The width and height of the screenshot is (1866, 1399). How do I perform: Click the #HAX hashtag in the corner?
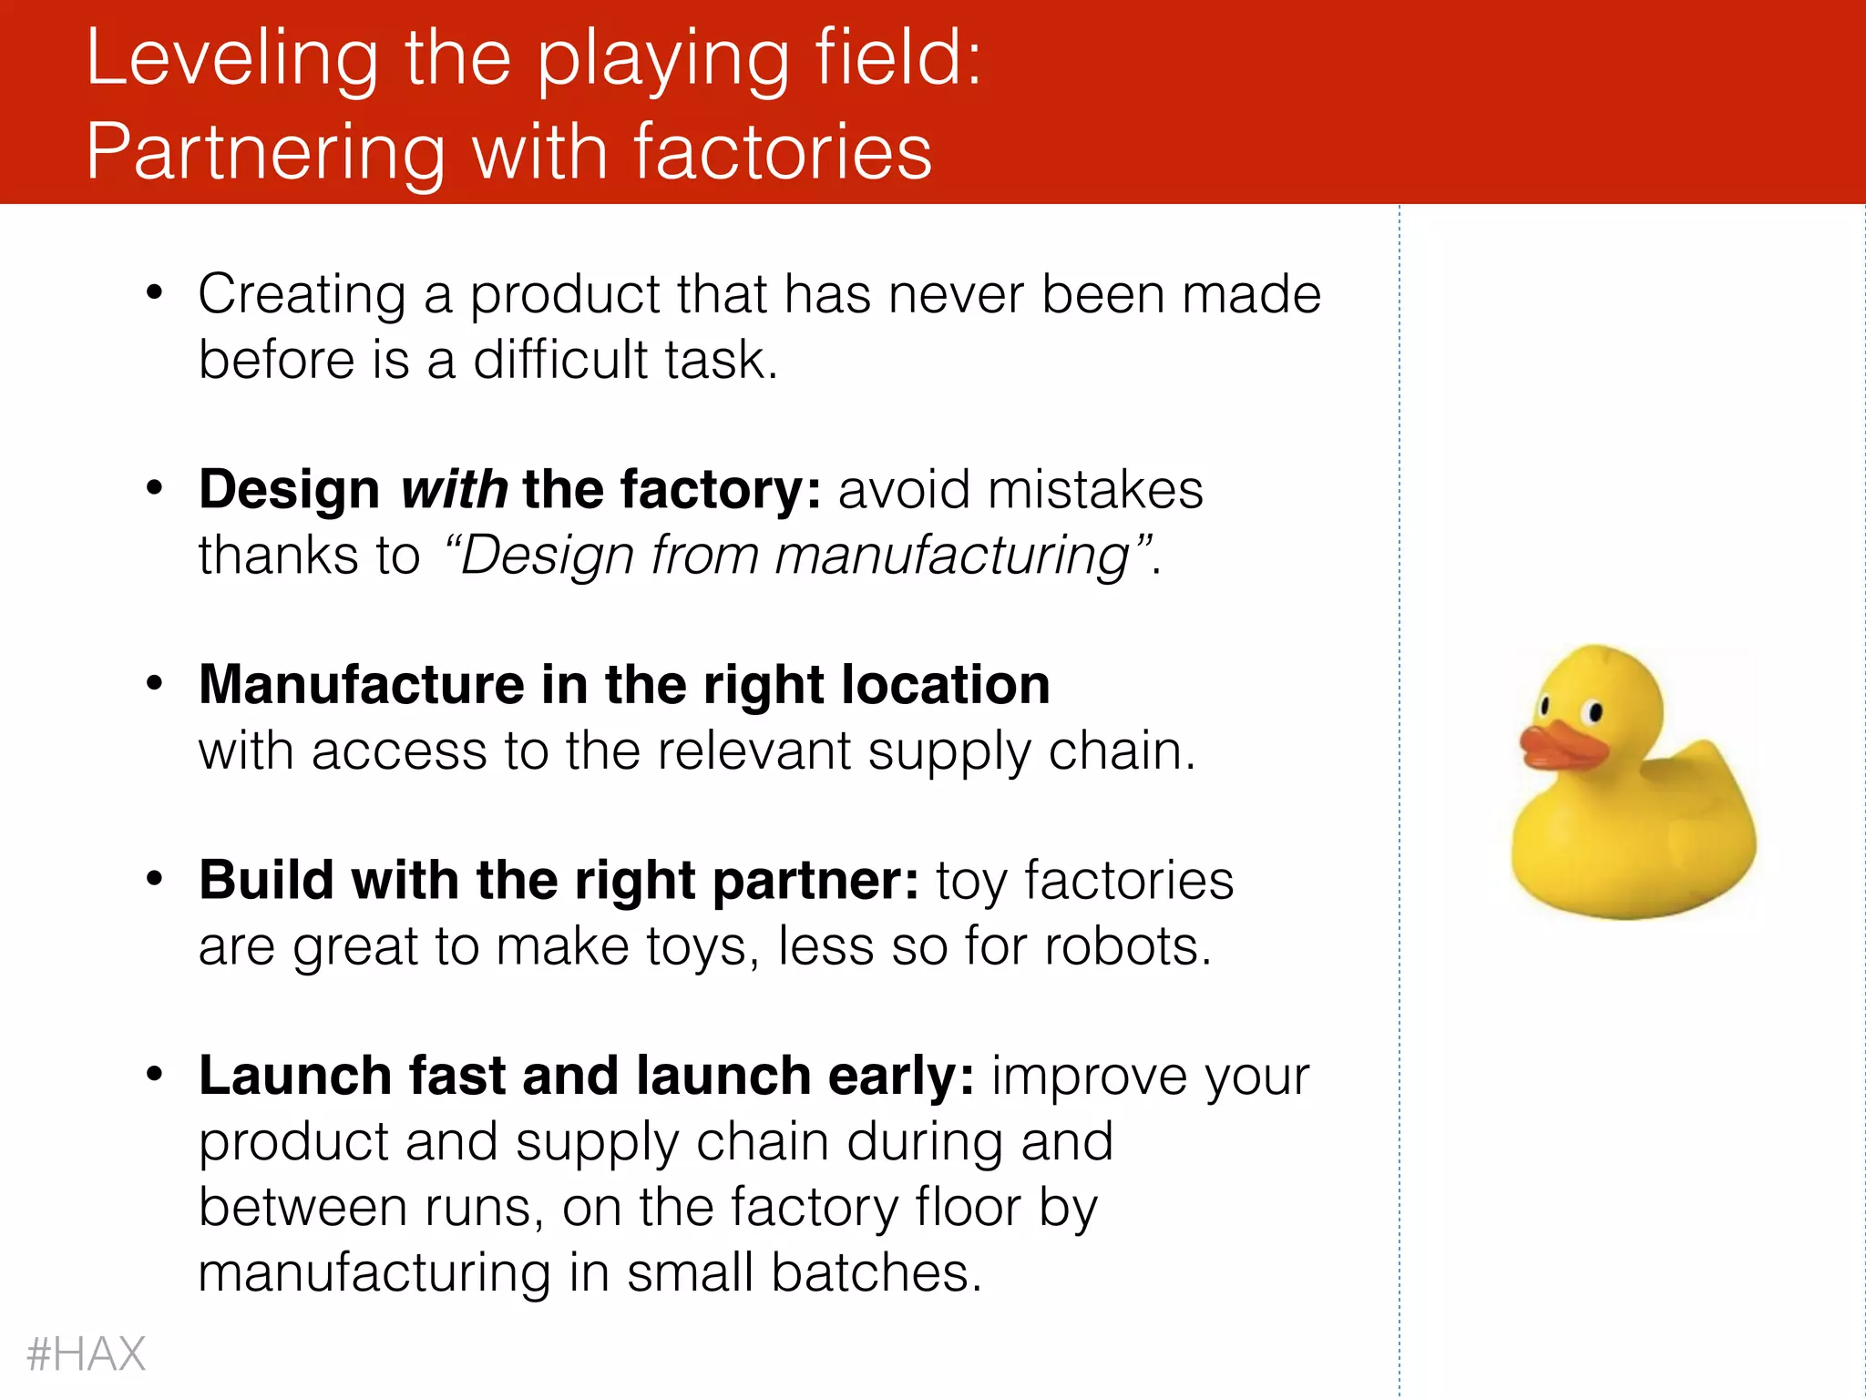click(x=87, y=1353)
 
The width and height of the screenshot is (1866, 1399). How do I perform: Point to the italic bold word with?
click(x=455, y=490)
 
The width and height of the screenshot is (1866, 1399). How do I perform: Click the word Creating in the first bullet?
click(x=302, y=295)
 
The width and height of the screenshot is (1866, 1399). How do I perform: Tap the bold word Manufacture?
click(x=362, y=685)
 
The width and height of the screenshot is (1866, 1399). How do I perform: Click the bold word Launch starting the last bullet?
click(x=295, y=1076)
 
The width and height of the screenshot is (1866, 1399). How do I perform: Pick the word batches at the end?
click(x=877, y=1272)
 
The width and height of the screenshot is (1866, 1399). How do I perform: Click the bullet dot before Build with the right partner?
click(x=154, y=879)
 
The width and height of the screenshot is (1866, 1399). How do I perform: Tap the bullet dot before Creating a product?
click(x=154, y=293)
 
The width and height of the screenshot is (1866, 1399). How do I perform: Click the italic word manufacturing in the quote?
click(x=952, y=557)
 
